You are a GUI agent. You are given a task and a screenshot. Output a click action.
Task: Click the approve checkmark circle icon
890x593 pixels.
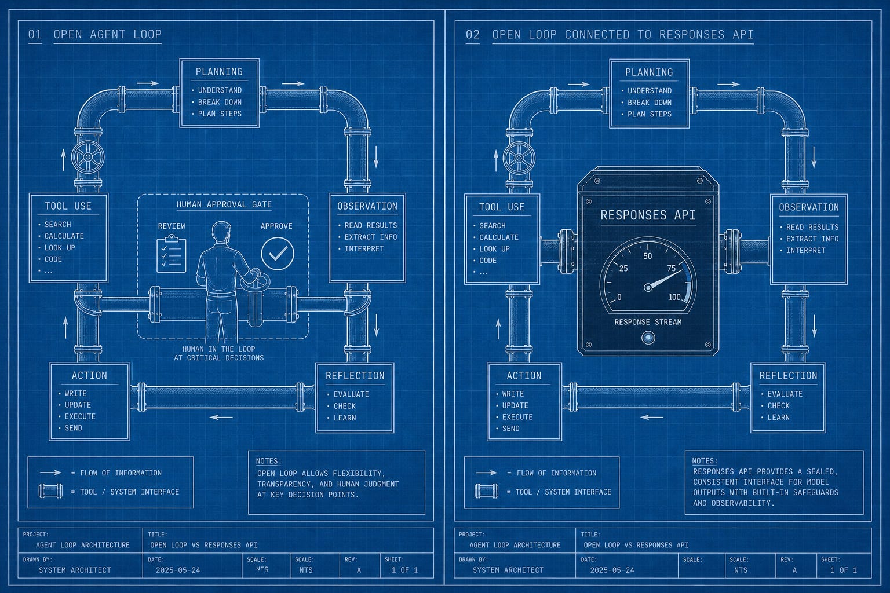(x=278, y=254)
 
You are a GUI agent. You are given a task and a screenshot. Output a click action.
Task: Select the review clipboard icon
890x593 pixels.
(x=172, y=254)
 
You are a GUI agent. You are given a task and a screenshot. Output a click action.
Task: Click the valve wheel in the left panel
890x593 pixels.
(x=88, y=157)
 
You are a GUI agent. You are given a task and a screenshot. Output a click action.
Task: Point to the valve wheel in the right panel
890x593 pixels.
(x=519, y=158)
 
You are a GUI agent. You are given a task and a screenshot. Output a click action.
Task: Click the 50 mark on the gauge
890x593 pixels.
(x=648, y=256)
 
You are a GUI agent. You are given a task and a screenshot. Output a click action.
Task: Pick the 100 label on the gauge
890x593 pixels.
(x=674, y=297)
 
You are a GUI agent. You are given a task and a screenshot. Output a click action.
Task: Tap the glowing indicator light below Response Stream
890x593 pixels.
(x=648, y=338)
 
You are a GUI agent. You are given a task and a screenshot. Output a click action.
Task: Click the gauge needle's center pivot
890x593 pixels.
(x=648, y=287)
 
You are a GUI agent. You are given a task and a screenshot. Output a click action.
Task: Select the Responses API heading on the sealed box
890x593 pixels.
(x=648, y=215)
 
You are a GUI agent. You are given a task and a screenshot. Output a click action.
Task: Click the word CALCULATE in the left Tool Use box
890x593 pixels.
(x=64, y=236)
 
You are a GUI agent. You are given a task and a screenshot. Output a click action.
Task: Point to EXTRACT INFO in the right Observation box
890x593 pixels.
(x=812, y=239)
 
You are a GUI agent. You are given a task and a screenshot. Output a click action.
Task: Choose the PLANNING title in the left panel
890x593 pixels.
(x=219, y=72)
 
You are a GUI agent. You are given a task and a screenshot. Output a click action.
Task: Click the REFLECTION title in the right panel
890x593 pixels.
(x=788, y=376)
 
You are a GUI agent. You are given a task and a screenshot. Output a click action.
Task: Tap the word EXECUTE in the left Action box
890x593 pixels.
(x=80, y=416)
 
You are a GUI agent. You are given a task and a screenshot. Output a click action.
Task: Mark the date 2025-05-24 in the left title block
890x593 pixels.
(x=178, y=570)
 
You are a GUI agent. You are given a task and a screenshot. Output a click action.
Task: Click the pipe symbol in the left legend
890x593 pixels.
(x=50, y=491)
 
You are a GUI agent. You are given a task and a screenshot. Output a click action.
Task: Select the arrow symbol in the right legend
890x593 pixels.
(x=487, y=473)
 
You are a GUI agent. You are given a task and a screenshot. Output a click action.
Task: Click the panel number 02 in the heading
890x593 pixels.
(x=472, y=35)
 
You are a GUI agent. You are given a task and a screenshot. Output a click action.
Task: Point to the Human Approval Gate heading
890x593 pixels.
(x=224, y=204)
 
